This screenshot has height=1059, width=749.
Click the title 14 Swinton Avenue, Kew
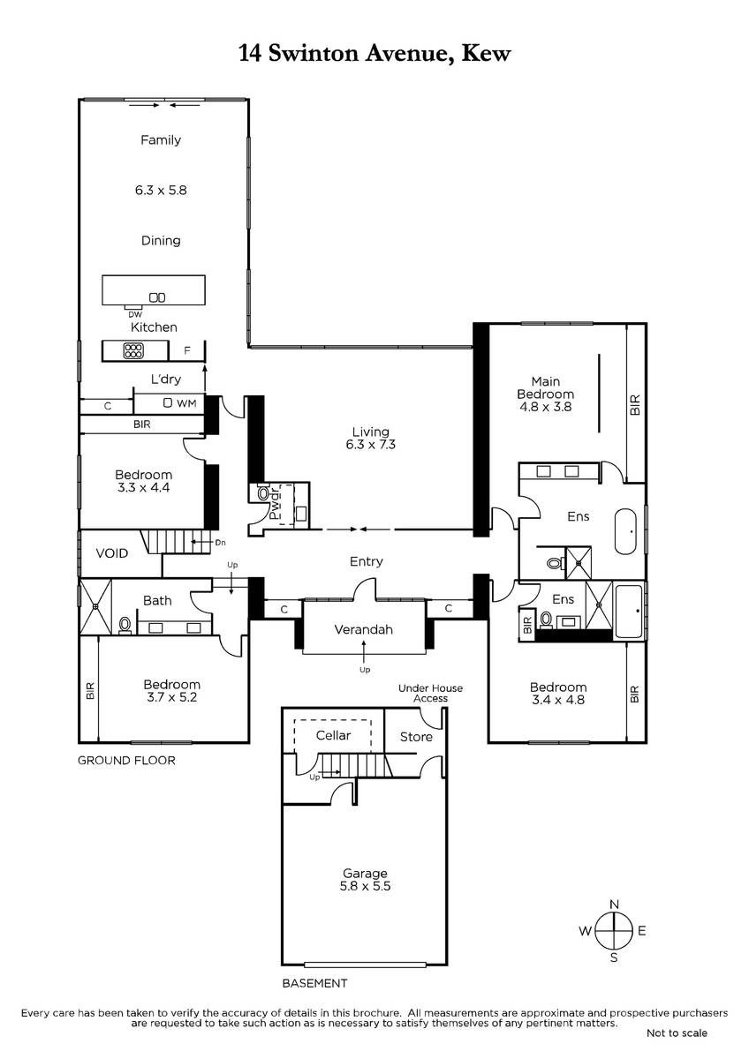[x=374, y=54]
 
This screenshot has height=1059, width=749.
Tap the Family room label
[x=161, y=140]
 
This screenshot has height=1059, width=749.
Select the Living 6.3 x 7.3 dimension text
[x=370, y=445]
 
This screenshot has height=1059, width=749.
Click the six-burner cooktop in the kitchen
[x=133, y=351]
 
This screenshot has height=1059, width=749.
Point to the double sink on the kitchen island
[x=157, y=298]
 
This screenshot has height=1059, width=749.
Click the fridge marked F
[x=187, y=351]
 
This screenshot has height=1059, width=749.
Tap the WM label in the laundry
[x=186, y=403]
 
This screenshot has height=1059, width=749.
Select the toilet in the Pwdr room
[x=261, y=493]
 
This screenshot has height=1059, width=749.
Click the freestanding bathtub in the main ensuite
[x=626, y=531]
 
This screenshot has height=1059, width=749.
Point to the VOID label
[x=112, y=553]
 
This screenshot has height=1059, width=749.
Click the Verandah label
[x=363, y=630]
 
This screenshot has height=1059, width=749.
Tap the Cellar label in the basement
[x=333, y=735]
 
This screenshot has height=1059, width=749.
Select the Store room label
[x=416, y=737]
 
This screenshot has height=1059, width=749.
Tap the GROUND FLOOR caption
[x=126, y=760]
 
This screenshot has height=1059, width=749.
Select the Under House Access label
[x=430, y=693]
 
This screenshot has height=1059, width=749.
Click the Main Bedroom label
[x=546, y=387]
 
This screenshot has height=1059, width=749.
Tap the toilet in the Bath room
[x=125, y=625]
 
